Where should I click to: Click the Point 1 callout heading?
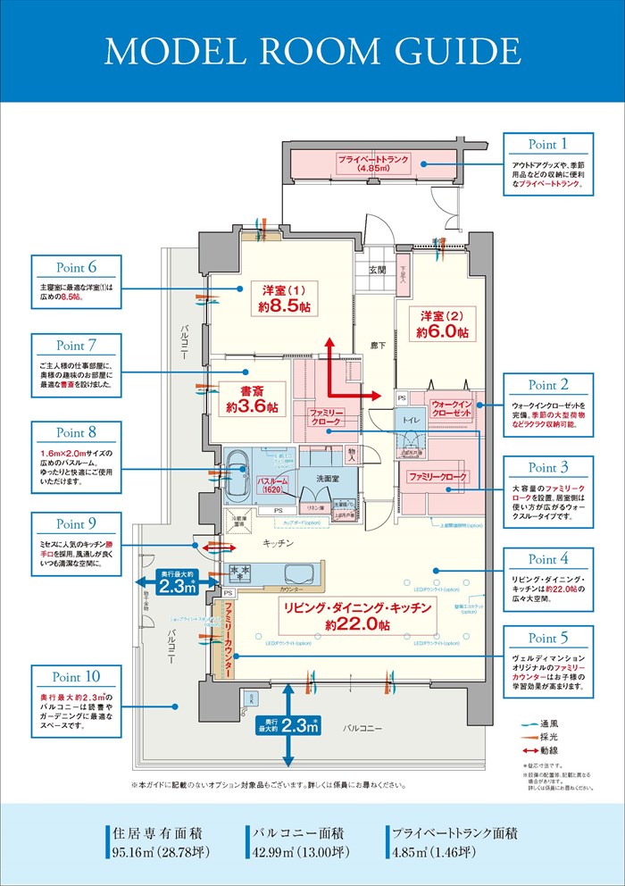pyautogui.click(x=548, y=145)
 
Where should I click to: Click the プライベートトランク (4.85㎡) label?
pyautogui.click(x=373, y=163)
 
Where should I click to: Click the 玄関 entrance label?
pyautogui.click(x=376, y=270)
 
